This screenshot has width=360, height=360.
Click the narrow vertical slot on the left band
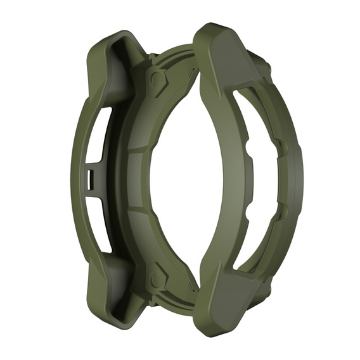(x=90, y=179)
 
